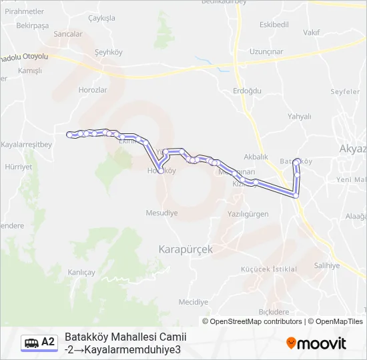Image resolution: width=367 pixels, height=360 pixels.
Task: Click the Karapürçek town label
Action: pyautogui.click(x=186, y=249)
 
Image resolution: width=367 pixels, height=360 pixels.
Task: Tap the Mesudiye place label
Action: pyautogui.click(x=161, y=213)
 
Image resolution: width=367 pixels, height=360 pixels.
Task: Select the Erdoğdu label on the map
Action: pyautogui.click(x=248, y=91)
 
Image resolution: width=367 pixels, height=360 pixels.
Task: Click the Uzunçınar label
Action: pyautogui.click(x=266, y=51)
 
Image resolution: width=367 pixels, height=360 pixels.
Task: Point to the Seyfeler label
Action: pyautogui.click(x=344, y=91)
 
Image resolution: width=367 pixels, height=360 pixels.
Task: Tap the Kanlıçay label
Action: pyautogui.click(x=82, y=272)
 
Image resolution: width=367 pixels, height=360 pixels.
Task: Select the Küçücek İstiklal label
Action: pyautogui.click(x=268, y=269)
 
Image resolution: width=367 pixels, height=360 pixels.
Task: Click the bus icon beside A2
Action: pyautogui.click(x=31, y=343)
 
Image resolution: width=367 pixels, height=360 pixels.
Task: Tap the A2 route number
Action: pyautogui.click(x=48, y=342)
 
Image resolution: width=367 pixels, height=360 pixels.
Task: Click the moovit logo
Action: pyautogui.click(x=316, y=343)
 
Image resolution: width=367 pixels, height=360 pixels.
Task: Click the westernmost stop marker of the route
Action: pyautogui.click(x=70, y=135)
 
